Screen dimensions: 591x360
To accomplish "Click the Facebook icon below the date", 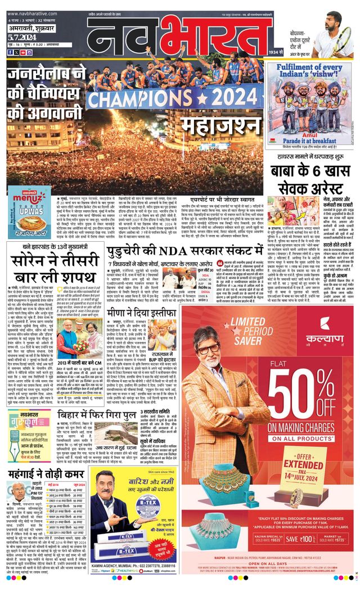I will pos(9,52).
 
